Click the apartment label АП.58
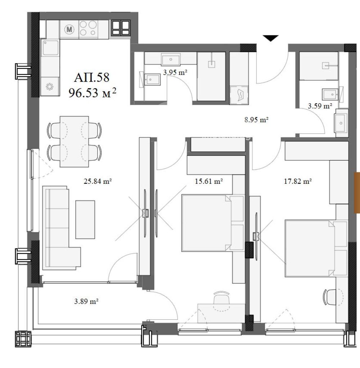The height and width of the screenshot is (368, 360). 91,77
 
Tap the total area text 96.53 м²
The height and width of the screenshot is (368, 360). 92,93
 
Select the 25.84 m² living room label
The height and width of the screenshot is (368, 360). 98,181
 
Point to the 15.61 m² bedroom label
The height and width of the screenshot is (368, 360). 209,181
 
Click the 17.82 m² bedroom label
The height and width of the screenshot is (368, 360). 298,181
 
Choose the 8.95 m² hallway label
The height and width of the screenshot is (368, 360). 256,120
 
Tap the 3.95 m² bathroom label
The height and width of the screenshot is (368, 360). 175,72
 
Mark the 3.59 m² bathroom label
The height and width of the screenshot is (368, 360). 320,106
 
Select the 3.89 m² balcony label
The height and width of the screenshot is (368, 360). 86,301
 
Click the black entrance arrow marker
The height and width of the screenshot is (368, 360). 270,38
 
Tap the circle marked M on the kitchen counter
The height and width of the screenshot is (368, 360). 69,29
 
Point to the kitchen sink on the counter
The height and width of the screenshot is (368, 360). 50,48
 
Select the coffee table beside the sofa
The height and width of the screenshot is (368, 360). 85,219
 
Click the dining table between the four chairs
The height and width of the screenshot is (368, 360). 74,141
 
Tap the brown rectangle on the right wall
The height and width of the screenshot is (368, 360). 357,193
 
